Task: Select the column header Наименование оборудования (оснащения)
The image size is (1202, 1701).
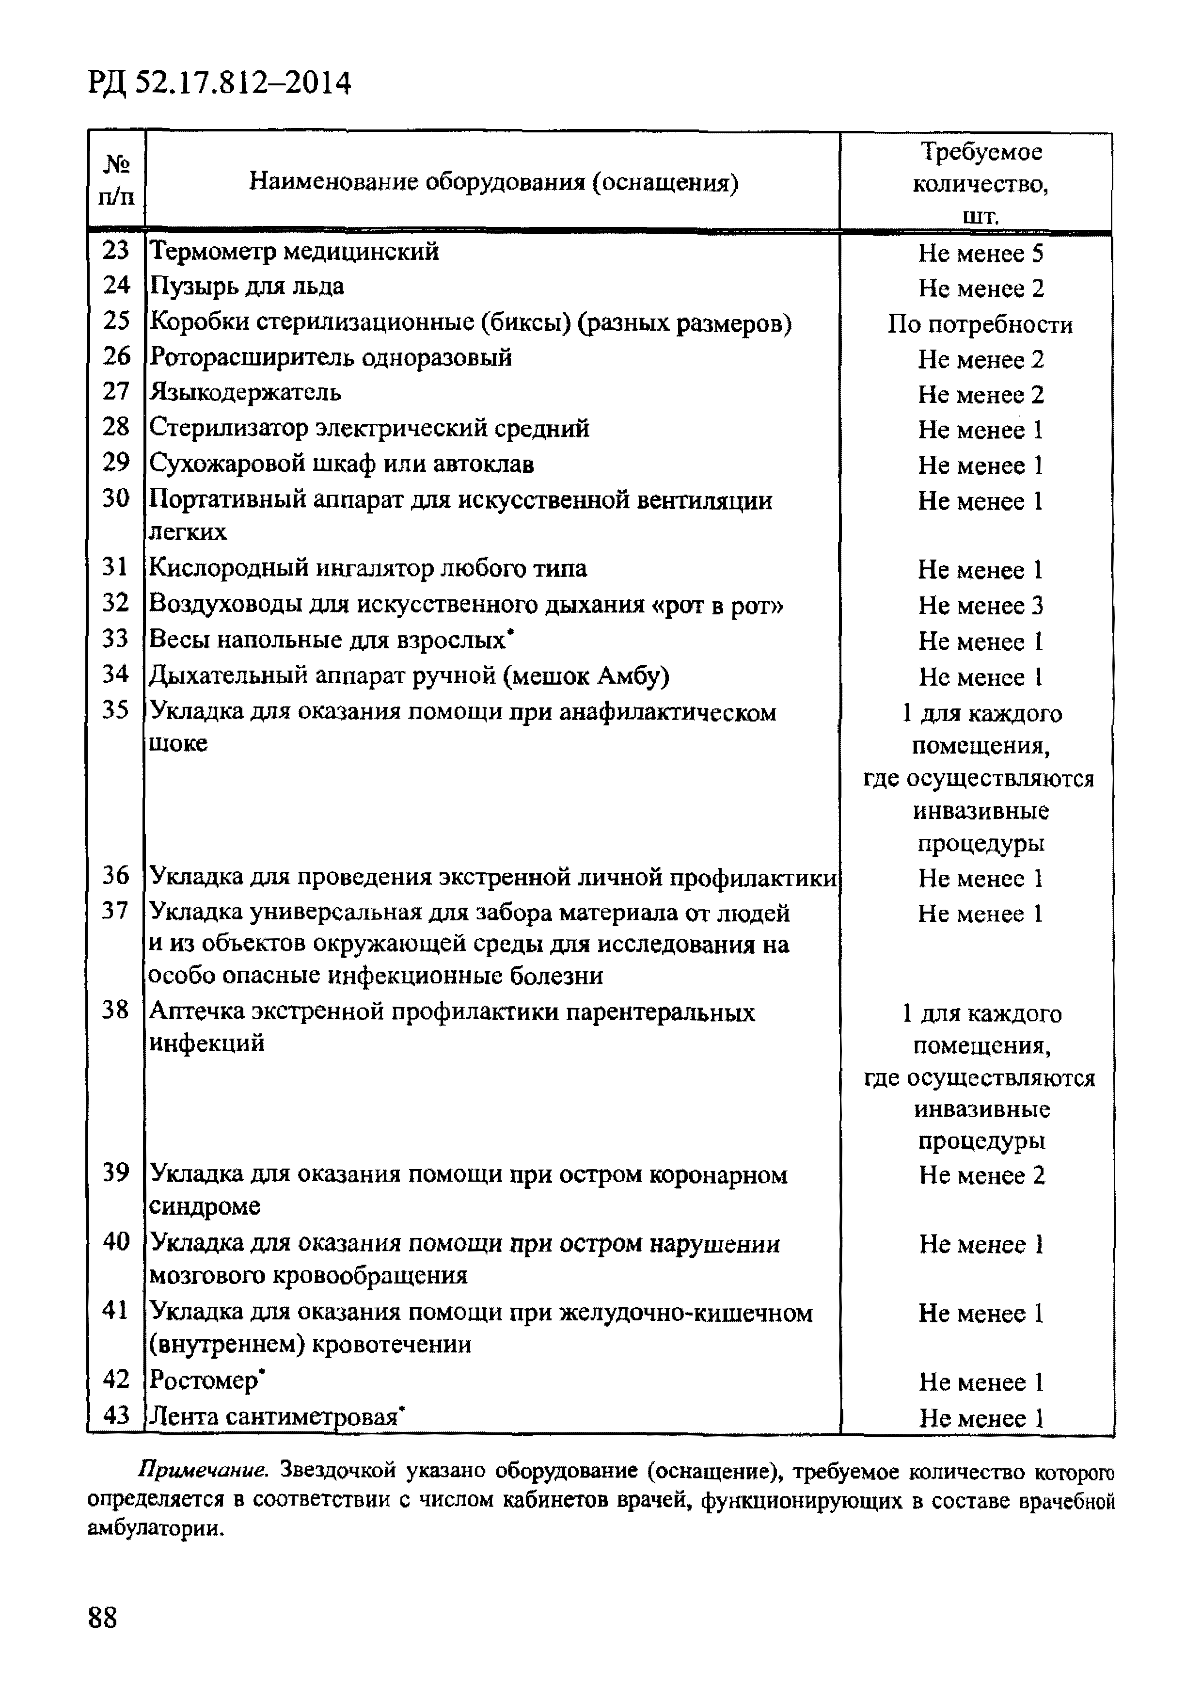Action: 493,181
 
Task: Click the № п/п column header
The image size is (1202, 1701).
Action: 116,180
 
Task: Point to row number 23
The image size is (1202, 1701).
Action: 115,250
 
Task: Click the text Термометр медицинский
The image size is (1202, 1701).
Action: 294,251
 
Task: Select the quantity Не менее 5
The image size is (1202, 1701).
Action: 980,254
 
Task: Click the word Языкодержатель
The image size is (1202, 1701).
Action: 245,391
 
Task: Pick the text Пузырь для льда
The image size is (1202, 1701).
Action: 247,286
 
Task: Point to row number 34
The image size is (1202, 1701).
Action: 115,674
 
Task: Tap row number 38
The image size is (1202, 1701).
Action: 115,1010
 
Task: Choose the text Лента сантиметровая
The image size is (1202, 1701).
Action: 274,1416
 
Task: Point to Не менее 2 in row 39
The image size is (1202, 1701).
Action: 981,1175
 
